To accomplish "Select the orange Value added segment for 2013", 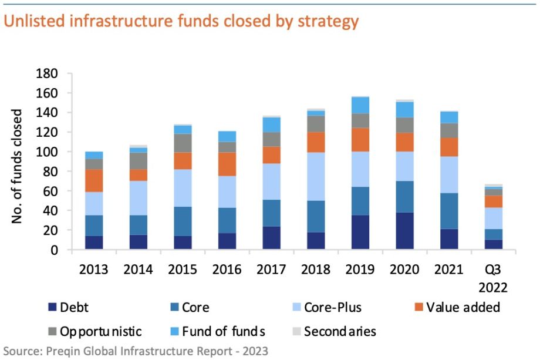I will (94, 180).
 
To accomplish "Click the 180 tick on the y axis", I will (48, 74).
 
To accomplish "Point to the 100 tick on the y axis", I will (48, 152).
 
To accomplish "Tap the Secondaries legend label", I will (339, 331).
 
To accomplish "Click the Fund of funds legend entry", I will (222, 331).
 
